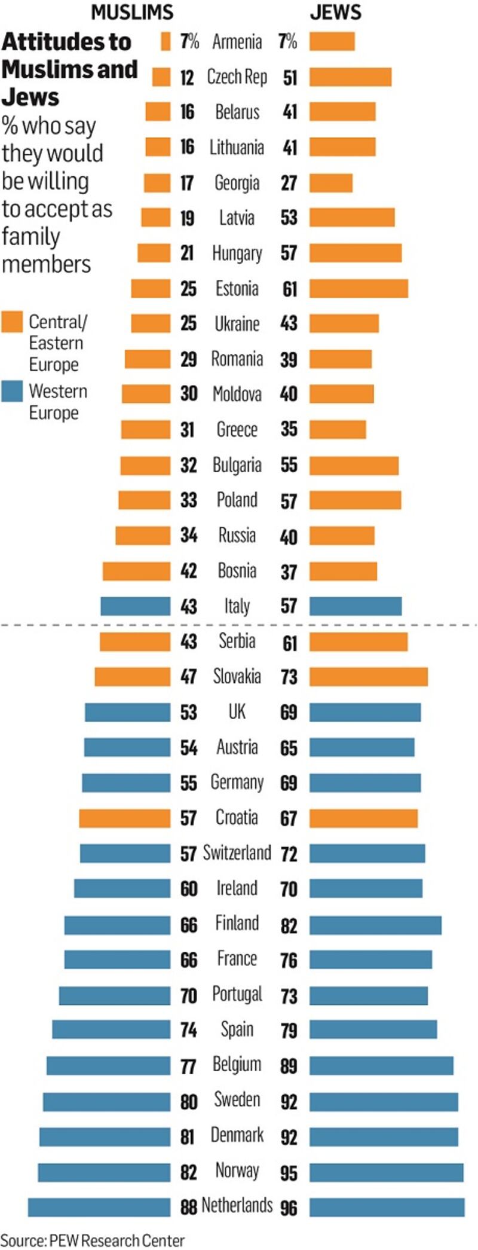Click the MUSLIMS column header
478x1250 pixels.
pos(132,12)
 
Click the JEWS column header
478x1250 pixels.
pos(335,12)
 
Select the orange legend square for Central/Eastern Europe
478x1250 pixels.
pos(12,322)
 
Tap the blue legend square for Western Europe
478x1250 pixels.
pos(12,392)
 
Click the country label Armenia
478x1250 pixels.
pos(237,42)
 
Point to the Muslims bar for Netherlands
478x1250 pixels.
pos(99,1207)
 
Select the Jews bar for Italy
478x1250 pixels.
pos(356,606)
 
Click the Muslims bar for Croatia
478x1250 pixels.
pos(124,818)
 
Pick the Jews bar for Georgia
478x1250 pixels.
pos(331,183)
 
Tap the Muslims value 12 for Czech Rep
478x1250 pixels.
pos(187,77)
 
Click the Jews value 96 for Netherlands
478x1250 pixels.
pos(289,1208)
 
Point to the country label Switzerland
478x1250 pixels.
pos(237,852)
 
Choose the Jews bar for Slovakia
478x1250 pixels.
pos(369,677)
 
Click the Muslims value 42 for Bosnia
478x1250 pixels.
pos(189,571)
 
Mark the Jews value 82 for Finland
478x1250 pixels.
pos(289,925)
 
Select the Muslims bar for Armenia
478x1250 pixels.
pos(166,41)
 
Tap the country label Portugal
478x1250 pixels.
pos(237,994)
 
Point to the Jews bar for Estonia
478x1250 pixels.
pos(358,289)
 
